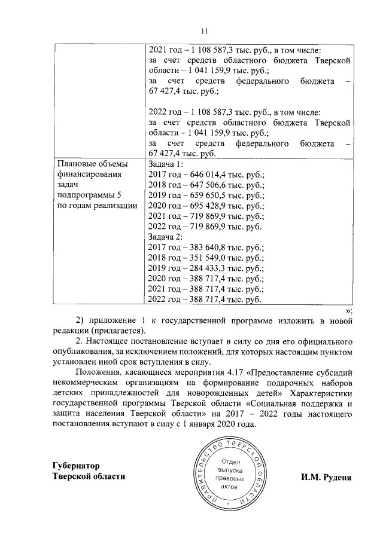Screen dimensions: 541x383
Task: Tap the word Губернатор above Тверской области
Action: (75, 465)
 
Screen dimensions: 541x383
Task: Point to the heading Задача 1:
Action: (165, 163)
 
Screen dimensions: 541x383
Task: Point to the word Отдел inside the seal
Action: (230, 460)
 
